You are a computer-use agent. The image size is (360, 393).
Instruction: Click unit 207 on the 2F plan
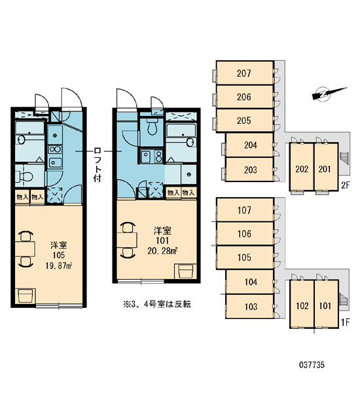[245, 73]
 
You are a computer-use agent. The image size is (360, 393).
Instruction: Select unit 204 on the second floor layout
[249, 145]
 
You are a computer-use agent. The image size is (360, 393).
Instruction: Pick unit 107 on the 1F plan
[245, 210]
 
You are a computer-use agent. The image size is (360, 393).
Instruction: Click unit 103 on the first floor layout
[249, 307]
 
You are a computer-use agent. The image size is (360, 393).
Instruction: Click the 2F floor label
[345, 185]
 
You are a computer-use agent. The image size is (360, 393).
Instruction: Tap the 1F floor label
[345, 322]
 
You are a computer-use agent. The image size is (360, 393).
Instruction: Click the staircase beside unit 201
[344, 159]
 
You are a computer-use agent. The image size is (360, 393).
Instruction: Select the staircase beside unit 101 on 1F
[344, 300]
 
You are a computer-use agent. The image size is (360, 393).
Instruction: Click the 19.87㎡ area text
[59, 266]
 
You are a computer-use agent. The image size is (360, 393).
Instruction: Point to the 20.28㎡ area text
[162, 251]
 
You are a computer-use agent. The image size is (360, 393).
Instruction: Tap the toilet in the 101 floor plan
[152, 127]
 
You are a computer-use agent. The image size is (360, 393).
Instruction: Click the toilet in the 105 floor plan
[24, 177]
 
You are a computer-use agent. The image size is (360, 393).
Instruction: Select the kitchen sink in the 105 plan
[55, 162]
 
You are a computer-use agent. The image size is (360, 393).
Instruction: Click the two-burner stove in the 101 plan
[158, 157]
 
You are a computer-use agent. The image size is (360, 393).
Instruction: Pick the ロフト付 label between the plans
[98, 164]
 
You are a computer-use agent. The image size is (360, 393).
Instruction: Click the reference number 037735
[312, 365]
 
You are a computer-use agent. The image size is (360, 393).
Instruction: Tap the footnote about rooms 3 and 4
[157, 305]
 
